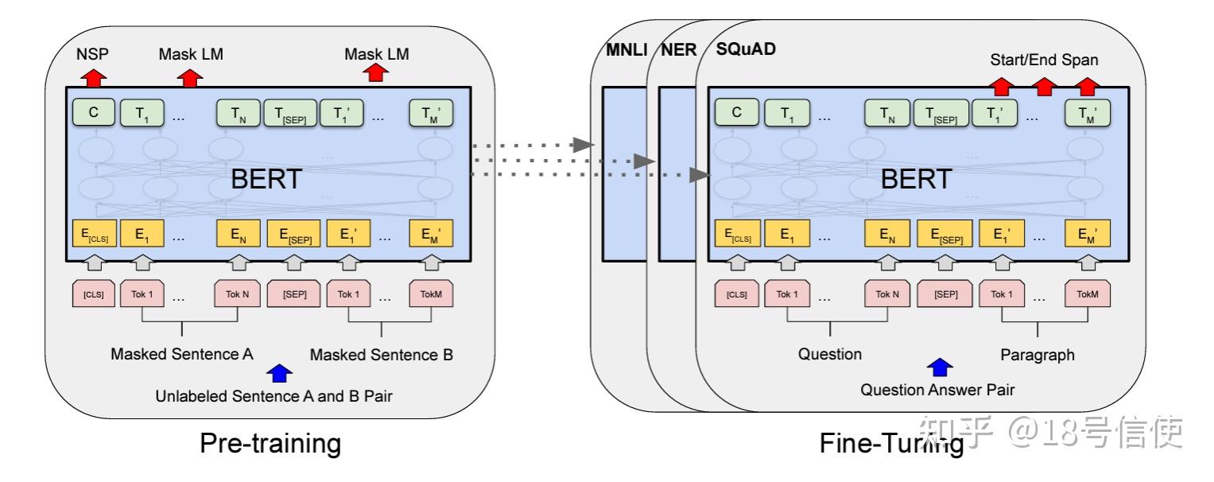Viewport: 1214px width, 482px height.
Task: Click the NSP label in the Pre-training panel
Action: coord(92,55)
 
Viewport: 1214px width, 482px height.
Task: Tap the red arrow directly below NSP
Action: coord(93,77)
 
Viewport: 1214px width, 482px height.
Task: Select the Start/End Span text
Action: coord(1045,60)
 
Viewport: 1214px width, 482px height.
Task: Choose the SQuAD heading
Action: coord(746,49)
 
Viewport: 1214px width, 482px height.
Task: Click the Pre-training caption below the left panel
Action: coord(270,444)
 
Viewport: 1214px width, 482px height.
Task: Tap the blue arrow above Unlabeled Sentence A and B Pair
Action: coord(279,372)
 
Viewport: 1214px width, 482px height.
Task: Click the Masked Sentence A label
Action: coord(182,354)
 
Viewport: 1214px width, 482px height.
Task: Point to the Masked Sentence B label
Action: coord(382,355)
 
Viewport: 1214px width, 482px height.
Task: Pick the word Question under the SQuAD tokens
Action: coord(830,353)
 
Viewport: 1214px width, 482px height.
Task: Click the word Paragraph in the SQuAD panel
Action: coord(1037,354)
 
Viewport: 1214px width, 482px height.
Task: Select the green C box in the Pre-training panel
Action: coord(94,113)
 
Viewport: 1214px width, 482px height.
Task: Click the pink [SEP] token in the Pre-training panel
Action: coord(295,293)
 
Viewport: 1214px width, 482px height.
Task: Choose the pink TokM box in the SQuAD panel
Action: coord(1087,294)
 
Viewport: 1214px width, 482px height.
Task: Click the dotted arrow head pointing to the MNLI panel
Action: coord(584,145)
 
